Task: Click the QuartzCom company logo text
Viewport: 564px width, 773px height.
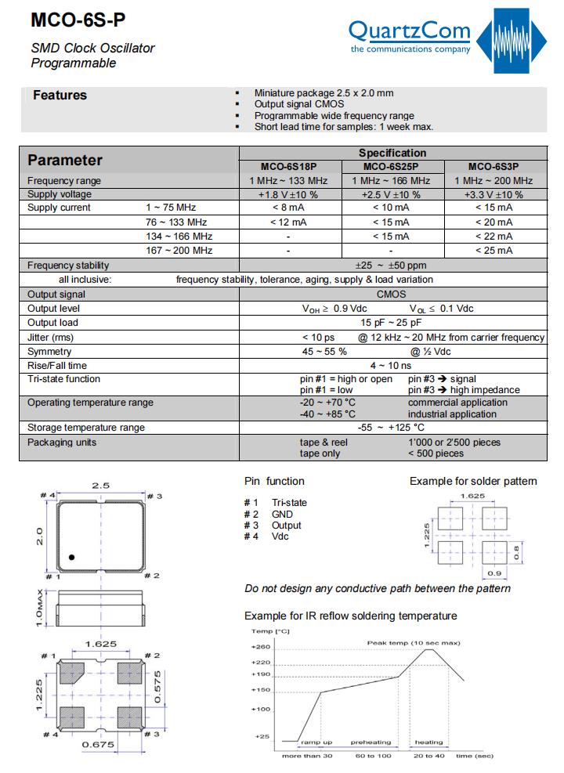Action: click(409, 31)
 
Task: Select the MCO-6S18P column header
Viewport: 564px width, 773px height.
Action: click(289, 166)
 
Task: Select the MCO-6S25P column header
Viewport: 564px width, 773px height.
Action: click(391, 166)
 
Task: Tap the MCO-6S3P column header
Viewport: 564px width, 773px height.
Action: click(493, 166)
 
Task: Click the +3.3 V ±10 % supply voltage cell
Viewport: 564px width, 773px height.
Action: click(493, 194)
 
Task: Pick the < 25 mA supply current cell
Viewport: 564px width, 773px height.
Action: click(493, 251)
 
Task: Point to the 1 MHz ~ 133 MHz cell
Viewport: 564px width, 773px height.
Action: click(289, 181)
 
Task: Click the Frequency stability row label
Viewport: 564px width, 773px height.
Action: click(68, 265)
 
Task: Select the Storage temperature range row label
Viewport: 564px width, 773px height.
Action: click(86, 428)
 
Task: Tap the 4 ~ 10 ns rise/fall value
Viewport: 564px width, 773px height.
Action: click(390, 366)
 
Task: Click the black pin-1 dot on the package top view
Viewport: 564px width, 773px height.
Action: click(71, 557)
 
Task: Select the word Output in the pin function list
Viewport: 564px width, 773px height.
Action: click(286, 526)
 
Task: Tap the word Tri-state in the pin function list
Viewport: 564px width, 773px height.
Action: click(289, 503)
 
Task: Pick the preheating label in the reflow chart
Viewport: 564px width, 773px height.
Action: click(370, 742)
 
